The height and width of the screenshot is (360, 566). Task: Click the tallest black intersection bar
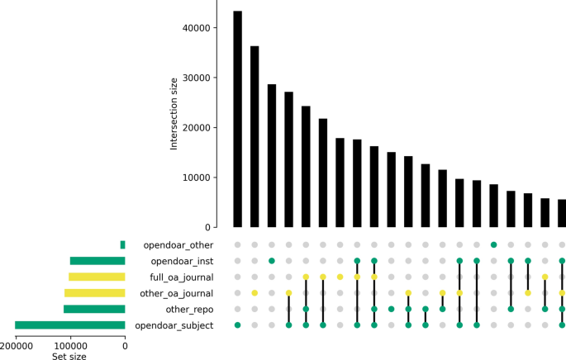pos(238,119)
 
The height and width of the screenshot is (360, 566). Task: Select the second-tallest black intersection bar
pos(254,136)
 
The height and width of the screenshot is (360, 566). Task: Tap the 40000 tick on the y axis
pos(195,28)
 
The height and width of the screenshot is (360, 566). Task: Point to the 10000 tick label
pos(195,178)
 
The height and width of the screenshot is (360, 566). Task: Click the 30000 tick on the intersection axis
pos(195,78)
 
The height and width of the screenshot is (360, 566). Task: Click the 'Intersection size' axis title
pos(174,113)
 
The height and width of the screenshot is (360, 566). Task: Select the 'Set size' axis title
pos(69,357)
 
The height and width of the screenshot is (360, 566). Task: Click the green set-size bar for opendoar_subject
pos(70,325)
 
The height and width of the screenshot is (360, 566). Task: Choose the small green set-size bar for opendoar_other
pos(122,245)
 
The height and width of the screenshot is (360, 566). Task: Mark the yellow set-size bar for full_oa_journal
pos(97,277)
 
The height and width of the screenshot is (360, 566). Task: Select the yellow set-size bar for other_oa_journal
pos(95,293)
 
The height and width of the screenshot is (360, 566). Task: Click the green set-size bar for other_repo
pos(94,310)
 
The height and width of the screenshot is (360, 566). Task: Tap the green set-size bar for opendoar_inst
pos(98,261)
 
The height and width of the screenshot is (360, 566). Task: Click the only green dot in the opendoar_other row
pos(493,244)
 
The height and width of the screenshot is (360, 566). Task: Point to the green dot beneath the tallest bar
pos(238,325)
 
